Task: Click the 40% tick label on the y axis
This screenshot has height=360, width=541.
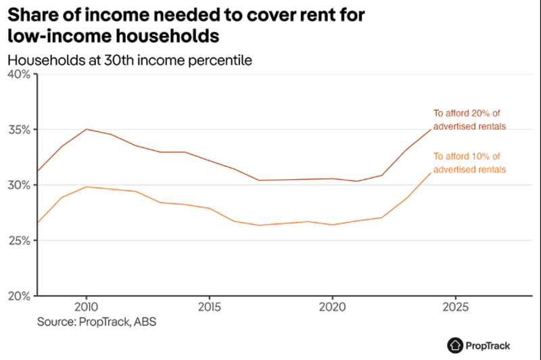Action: [x=18, y=74]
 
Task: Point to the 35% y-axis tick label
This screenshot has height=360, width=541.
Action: [x=18, y=129]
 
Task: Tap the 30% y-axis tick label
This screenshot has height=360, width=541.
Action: [x=18, y=185]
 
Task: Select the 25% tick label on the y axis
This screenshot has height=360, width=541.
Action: [x=18, y=240]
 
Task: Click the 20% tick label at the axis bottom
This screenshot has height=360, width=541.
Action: [x=18, y=296]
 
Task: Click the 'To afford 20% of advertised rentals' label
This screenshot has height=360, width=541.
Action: [x=469, y=120]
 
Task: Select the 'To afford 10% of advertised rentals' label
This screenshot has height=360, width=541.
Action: [x=469, y=163]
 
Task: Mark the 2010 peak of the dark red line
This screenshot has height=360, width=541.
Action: [x=85, y=129]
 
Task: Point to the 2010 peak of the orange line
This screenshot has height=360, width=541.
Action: [x=85, y=187]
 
